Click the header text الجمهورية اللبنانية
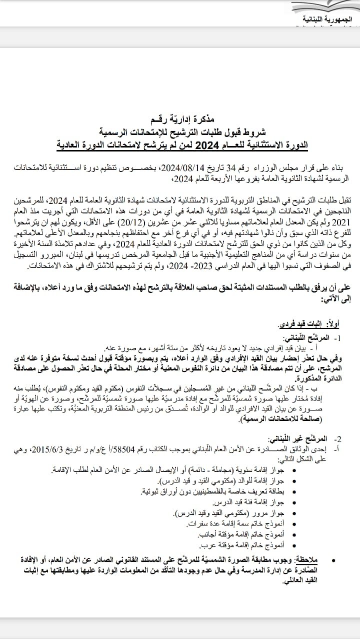pos(327,19)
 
